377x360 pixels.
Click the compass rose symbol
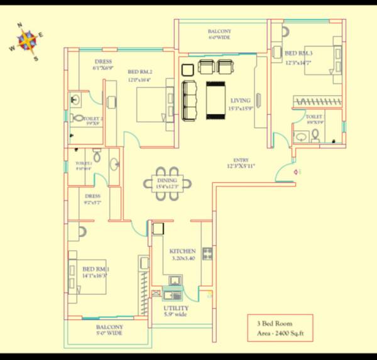tap(26, 41)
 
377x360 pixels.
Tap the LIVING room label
tap(240, 100)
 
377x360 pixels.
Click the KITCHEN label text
tap(183, 251)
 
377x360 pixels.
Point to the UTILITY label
tap(176, 308)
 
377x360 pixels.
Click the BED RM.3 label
tap(298, 53)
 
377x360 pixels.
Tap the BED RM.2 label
tap(141, 72)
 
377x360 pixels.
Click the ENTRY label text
tap(241, 160)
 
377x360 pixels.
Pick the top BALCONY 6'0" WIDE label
tap(219, 31)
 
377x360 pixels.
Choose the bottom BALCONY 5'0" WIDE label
tap(109, 327)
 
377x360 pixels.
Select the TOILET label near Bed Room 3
tap(314, 116)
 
